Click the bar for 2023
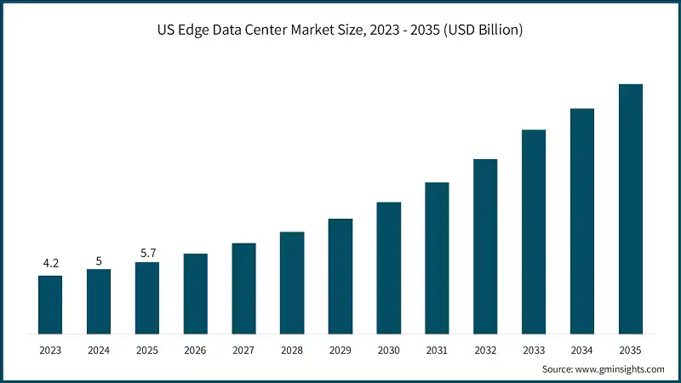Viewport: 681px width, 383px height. (x=50, y=304)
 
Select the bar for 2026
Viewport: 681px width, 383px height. (x=195, y=293)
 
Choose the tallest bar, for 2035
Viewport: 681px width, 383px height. (x=630, y=208)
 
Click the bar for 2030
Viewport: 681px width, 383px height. (x=388, y=267)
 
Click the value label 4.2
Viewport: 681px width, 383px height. (x=50, y=264)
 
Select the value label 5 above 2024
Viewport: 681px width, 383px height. (x=99, y=261)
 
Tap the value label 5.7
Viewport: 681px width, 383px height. (x=147, y=253)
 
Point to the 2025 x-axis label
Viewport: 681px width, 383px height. (x=147, y=350)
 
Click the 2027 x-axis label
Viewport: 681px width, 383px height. (x=243, y=350)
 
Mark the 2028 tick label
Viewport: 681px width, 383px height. (x=292, y=350)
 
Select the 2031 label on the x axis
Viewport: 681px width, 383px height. (x=437, y=350)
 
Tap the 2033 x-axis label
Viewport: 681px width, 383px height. (x=534, y=350)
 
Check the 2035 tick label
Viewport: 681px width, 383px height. (x=630, y=350)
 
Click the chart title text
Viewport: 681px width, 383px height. (x=340, y=30)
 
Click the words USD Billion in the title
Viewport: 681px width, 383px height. (x=484, y=30)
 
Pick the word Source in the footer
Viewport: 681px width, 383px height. (x=558, y=369)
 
